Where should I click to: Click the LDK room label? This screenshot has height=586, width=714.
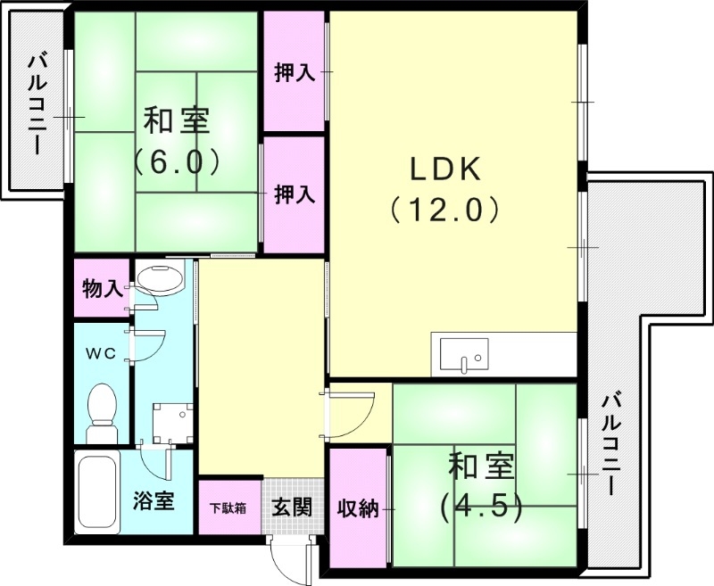click(445, 168)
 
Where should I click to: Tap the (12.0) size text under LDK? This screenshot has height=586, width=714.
click(444, 210)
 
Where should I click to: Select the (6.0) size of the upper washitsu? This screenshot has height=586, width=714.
click(177, 161)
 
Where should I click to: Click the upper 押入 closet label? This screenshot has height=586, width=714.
click(294, 73)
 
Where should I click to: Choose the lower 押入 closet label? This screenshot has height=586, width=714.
click(294, 194)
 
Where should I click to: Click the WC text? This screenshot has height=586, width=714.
click(101, 353)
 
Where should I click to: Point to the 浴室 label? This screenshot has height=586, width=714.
click(154, 501)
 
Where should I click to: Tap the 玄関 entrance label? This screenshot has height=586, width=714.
click(291, 508)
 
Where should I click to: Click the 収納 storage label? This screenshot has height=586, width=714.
click(358, 508)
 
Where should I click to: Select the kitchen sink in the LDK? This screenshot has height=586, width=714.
click(464, 355)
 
